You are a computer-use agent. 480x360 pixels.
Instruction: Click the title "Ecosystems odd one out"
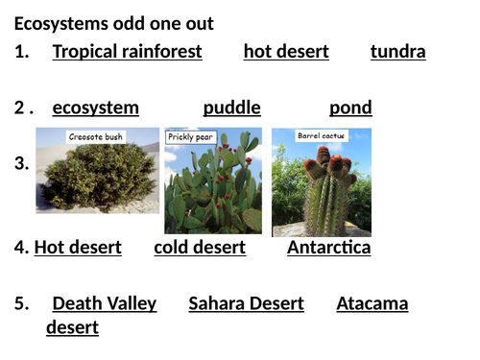(114, 23)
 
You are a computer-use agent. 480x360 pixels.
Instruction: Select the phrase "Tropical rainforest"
(127, 52)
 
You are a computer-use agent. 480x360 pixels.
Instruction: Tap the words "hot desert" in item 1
(286, 52)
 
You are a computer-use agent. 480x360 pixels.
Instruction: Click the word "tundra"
(397, 52)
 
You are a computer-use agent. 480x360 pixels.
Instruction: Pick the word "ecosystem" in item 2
(95, 108)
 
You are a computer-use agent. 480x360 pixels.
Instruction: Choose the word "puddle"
(231, 108)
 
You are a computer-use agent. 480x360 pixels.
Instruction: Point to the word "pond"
(350, 108)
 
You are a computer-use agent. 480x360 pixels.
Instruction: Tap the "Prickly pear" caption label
(192, 137)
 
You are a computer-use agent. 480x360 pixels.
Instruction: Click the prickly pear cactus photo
(213, 192)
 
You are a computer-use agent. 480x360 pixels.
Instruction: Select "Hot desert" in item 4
(78, 248)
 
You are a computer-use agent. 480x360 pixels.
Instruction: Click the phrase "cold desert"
(200, 248)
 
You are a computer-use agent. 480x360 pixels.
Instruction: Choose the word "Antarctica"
(328, 248)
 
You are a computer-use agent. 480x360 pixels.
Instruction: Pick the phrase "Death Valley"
(104, 304)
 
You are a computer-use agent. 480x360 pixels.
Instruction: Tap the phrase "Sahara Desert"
(246, 304)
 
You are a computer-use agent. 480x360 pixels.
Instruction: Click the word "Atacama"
(372, 304)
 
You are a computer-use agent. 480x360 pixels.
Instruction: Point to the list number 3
(21, 164)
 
